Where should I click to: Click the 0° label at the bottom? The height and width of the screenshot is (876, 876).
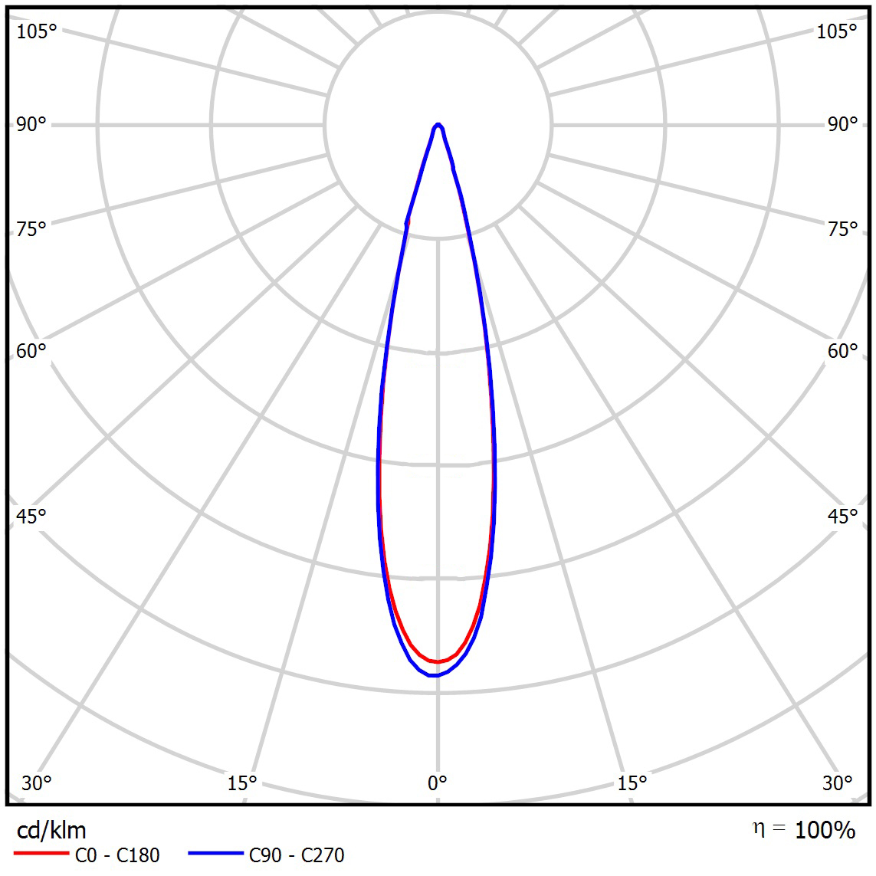[x=437, y=782]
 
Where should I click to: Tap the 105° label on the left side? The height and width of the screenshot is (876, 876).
[x=37, y=31]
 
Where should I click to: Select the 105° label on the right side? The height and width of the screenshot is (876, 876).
[x=837, y=31]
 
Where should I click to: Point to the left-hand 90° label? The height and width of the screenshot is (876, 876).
[x=31, y=124]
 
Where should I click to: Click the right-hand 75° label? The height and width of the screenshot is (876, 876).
[x=842, y=228]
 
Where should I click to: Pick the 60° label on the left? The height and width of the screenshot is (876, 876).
[x=31, y=351]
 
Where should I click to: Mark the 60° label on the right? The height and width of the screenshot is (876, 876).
[x=842, y=351]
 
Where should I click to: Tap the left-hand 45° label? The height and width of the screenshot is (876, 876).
[x=31, y=516]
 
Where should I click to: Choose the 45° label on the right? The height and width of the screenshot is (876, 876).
[x=842, y=516]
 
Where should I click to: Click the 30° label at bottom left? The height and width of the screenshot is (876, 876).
[x=37, y=782]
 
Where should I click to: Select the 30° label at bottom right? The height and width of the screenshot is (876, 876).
[x=837, y=782]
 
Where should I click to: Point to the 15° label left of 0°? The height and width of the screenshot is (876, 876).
[x=242, y=782]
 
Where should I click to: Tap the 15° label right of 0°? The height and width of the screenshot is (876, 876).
[x=632, y=782]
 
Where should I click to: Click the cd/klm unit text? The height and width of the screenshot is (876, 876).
[x=51, y=830]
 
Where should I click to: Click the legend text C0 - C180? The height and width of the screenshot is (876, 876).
[x=117, y=855]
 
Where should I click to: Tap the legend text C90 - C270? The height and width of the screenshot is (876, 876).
[x=297, y=855]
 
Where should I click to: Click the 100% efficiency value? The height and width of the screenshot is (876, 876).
[x=825, y=829]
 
